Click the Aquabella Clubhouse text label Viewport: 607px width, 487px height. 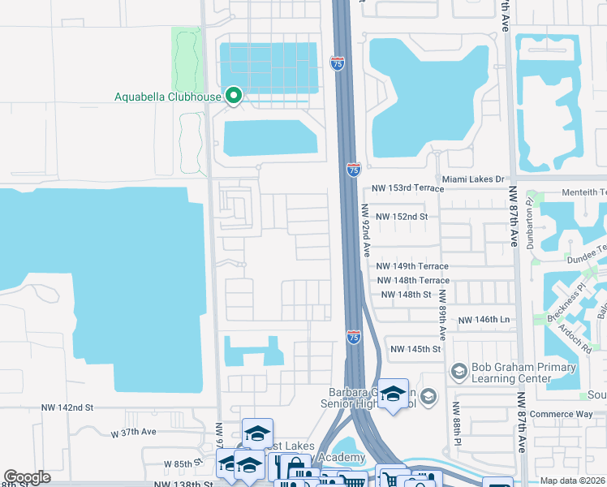(x=167, y=97)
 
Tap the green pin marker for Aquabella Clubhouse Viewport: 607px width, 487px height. (x=234, y=97)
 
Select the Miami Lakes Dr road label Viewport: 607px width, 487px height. (x=473, y=179)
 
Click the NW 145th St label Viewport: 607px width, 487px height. (x=415, y=349)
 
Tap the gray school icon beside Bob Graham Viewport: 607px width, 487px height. (x=458, y=370)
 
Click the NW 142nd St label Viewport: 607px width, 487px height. (x=68, y=407)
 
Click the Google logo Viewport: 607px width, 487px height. (x=27, y=477)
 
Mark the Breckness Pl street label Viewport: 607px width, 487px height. (x=570, y=302)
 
